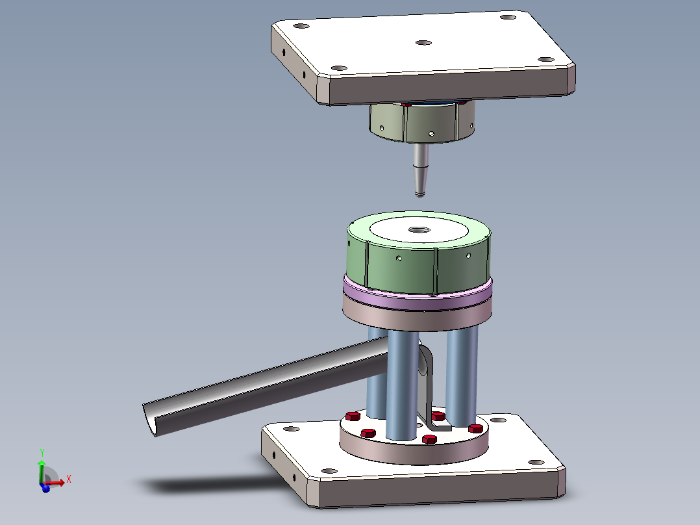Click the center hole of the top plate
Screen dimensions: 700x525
423,43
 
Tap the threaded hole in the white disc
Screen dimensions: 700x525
419,230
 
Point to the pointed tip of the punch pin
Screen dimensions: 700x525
419,194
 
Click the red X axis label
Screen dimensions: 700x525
69,480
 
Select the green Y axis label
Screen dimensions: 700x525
42,452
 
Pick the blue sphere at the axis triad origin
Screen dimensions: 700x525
45,488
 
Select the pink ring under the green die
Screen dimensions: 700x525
418,294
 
